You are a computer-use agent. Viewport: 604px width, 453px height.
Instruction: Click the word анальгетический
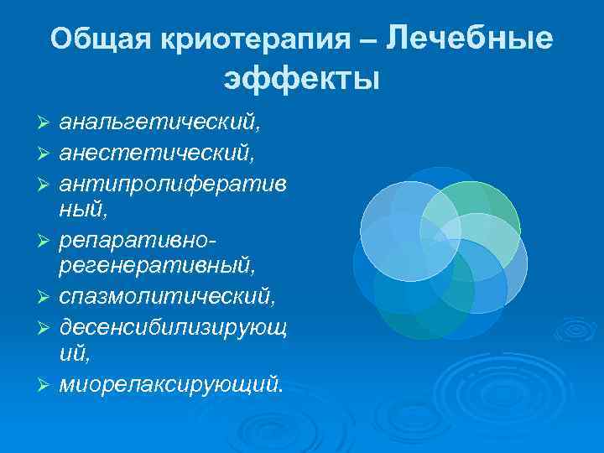click(x=159, y=124)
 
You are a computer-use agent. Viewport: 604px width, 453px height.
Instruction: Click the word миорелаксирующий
click(x=171, y=384)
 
